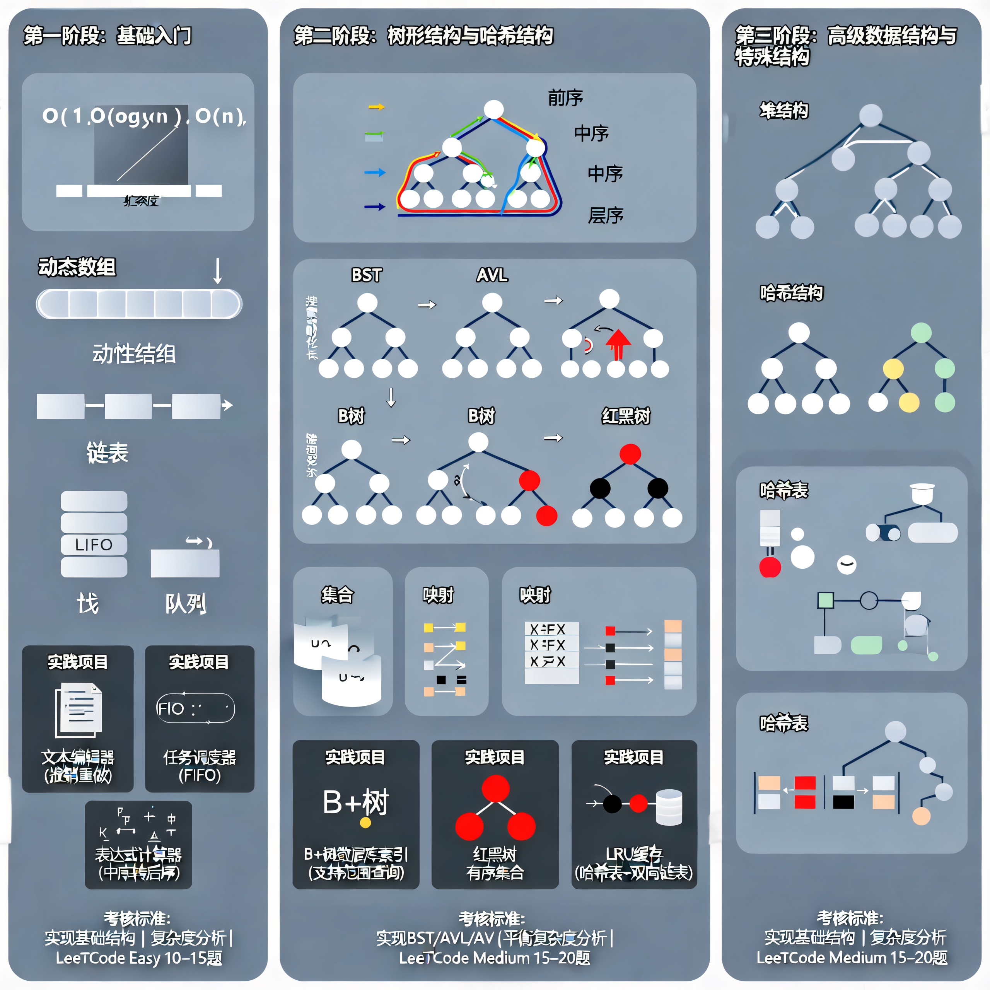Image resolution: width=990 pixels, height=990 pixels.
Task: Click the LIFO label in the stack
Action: pyautogui.click(x=94, y=545)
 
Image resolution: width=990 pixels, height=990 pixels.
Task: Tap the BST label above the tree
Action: pyautogui.click(x=366, y=275)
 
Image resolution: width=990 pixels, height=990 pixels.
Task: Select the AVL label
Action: pyautogui.click(x=492, y=275)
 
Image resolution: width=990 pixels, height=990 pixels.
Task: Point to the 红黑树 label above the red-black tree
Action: pyautogui.click(x=626, y=416)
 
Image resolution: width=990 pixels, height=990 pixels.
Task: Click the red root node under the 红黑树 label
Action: pyautogui.click(x=630, y=454)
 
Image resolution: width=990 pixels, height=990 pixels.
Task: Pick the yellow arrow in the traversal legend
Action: pyautogui.click(x=376, y=107)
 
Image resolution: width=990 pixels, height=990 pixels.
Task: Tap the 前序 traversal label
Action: pyautogui.click(x=565, y=98)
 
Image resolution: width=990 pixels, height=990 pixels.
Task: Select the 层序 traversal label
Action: pyautogui.click(x=605, y=216)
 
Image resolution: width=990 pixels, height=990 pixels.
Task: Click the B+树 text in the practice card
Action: pyautogui.click(x=356, y=802)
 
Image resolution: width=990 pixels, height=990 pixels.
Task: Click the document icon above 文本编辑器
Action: pyautogui.click(x=79, y=709)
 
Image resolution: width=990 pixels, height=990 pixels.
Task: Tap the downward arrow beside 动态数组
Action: pyautogui.click(x=218, y=271)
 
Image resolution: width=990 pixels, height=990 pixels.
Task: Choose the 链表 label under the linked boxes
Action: pyautogui.click(x=107, y=452)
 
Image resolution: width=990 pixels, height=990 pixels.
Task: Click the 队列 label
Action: pyautogui.click(x=186, y=604)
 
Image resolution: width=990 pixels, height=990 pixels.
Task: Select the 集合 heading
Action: pyautogui.click(x=337, y=595)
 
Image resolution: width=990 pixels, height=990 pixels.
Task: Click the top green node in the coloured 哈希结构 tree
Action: pyautogui.click(x=921, y=333)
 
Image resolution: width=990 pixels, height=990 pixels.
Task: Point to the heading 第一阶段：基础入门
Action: pyautogui.click(x=108, y=36)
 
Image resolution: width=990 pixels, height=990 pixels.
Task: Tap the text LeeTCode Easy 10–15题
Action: pyautogui.click(x=139, y=958)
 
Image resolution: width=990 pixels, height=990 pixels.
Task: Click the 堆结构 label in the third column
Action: pyautogui.click(x=783, y=111)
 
